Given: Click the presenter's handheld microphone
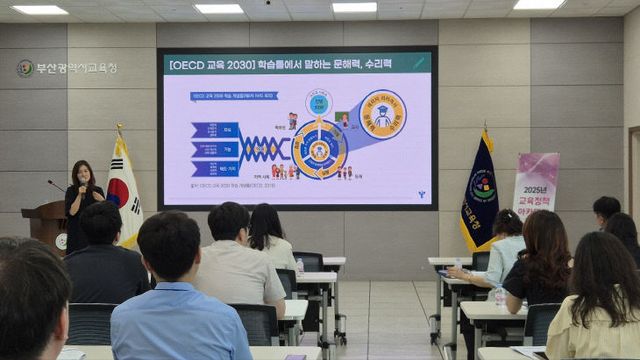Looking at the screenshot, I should coord(82,186).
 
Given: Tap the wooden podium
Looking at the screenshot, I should coord(46,225).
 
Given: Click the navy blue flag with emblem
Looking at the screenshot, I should coord(480,195).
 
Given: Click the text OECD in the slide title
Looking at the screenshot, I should coord(187,64).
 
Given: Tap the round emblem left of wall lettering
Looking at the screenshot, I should coord(25,68).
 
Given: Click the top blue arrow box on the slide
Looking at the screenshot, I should coord(215,129).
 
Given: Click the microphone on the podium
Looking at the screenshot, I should coord(56,185).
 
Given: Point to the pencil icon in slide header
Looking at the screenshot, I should coord(418,63).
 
